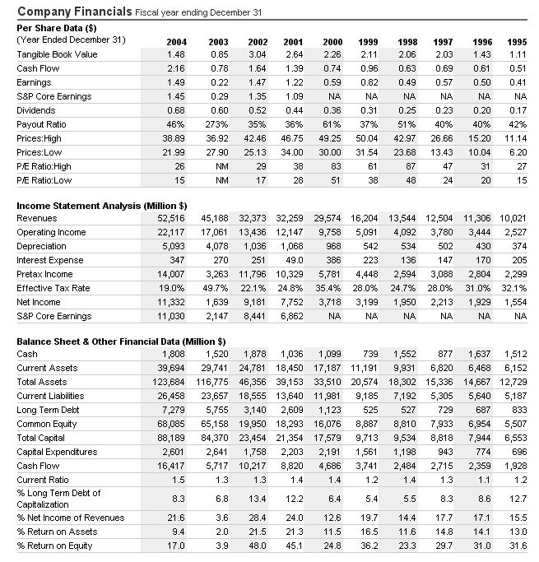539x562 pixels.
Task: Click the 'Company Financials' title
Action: pos(73,12)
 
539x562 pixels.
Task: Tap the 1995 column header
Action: pos(517,41)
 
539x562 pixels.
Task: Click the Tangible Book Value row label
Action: pos(52,54)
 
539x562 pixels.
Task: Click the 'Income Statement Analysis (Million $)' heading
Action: pos(101,204)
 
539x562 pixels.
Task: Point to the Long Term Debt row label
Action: pos(49,410)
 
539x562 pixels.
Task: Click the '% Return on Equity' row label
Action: pos(54,546)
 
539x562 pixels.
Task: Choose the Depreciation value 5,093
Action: pos(173,246)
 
